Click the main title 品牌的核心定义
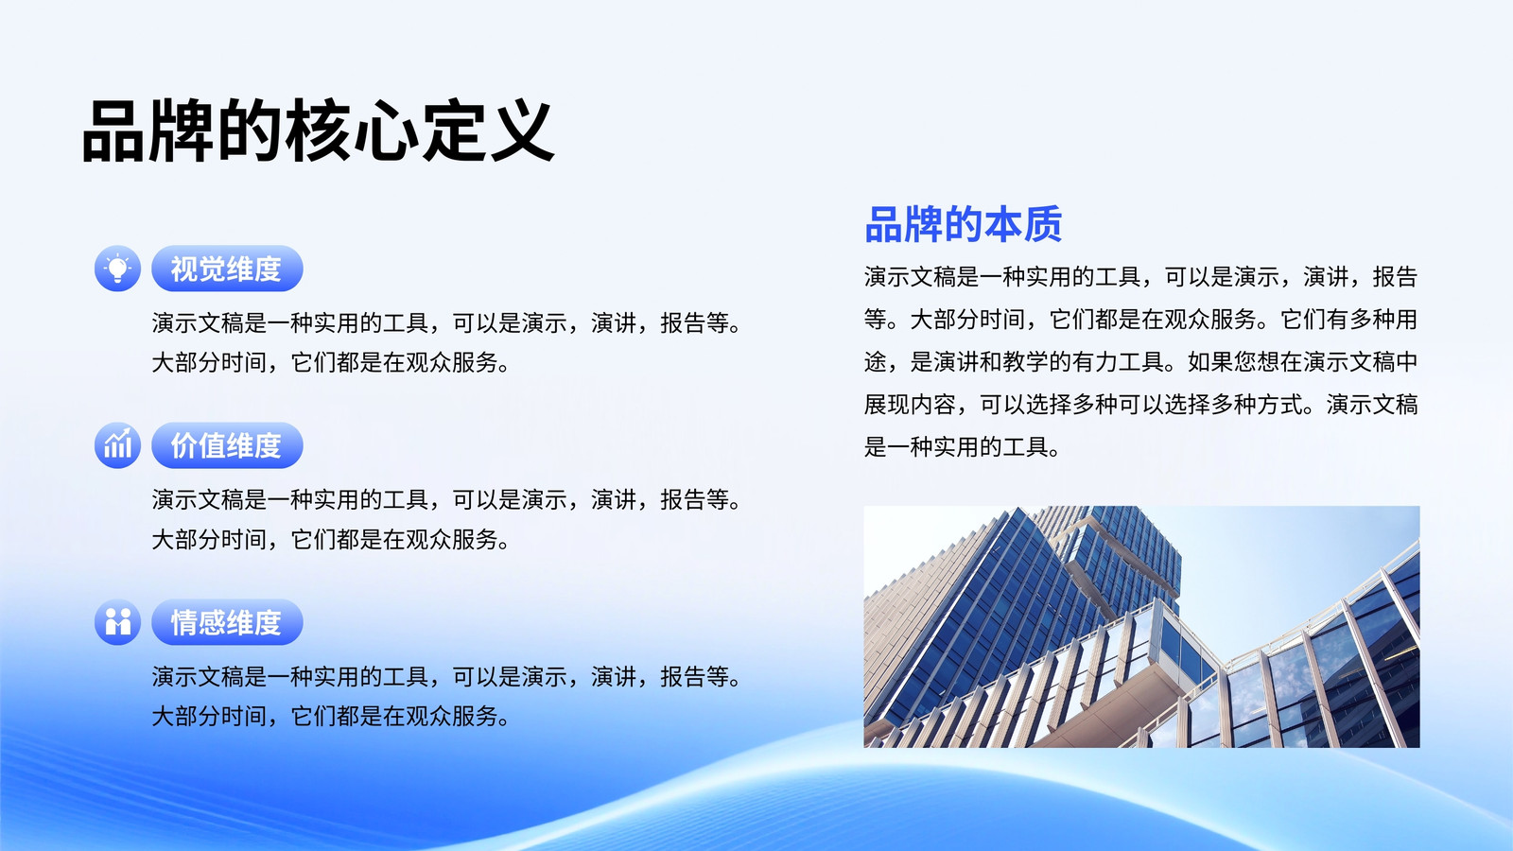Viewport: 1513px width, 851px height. pos(318,130)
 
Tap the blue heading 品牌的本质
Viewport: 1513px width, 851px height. pos(964,224)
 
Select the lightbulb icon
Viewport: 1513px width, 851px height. pos(117,269)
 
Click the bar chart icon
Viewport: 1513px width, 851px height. pos(117,445)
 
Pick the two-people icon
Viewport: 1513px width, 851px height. pos(117,622)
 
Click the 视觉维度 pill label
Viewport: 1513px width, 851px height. pos(227,269)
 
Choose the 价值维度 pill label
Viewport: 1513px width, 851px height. pos(227,445)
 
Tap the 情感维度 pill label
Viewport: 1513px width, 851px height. pos(227,622)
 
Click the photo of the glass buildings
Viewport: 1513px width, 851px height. pos(1141,627)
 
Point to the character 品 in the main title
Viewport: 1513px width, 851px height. pos(113,131)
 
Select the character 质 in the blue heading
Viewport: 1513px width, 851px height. pos(1043,224)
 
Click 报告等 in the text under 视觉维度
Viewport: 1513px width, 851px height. pos(694,322)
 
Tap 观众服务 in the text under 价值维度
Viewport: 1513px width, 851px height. pos(452,539)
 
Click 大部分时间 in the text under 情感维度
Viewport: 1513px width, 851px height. pos(209,716)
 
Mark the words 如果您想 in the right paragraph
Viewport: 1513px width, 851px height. pos(1233,362)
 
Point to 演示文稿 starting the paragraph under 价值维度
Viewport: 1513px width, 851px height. pos(198,500)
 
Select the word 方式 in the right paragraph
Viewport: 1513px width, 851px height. pos(1279,405)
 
